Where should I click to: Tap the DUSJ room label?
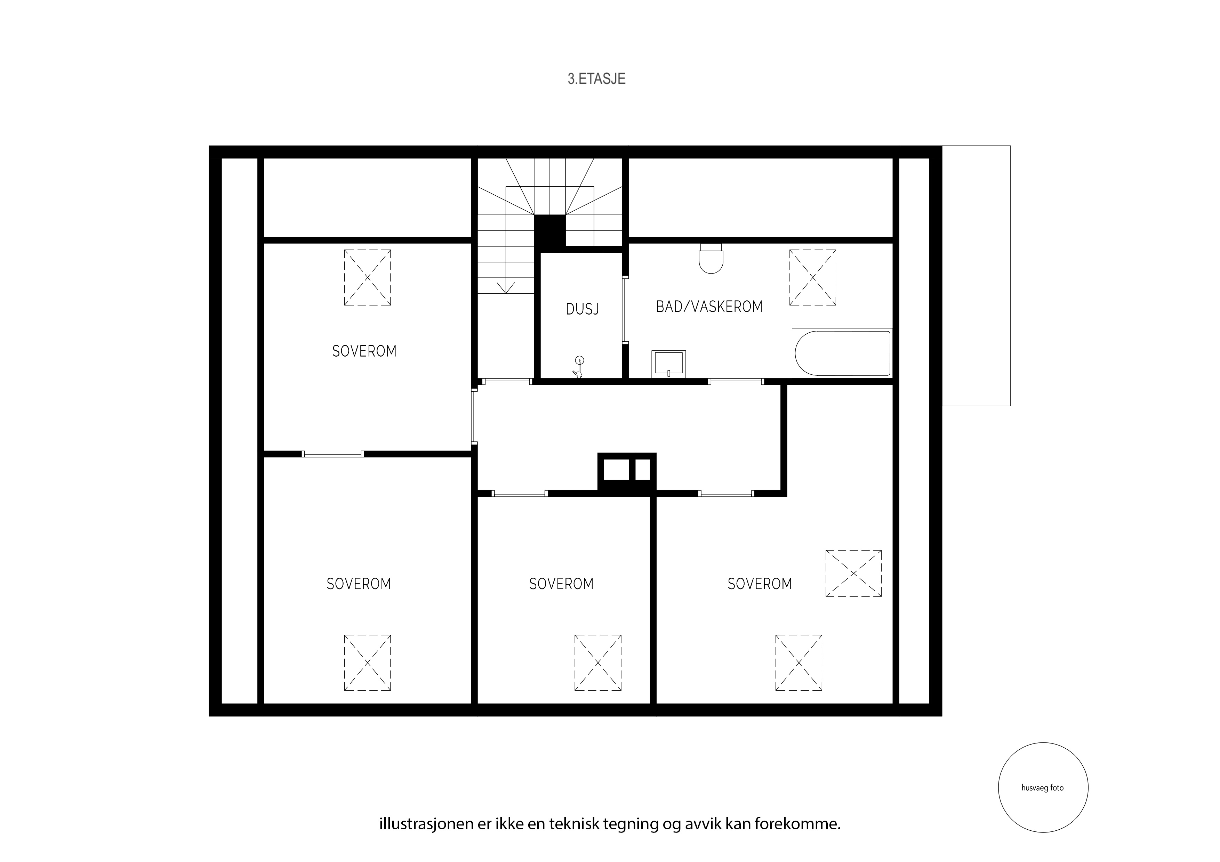point(583,309)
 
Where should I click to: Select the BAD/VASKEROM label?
point(709,307)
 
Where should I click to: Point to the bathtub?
point(842,353)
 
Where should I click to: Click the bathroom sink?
point(668,364)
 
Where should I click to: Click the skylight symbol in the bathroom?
point(812,277)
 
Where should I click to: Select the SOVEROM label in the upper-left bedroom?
point(364,351)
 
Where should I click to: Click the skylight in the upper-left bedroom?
point(367,277)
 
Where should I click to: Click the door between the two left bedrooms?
point(332,454)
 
